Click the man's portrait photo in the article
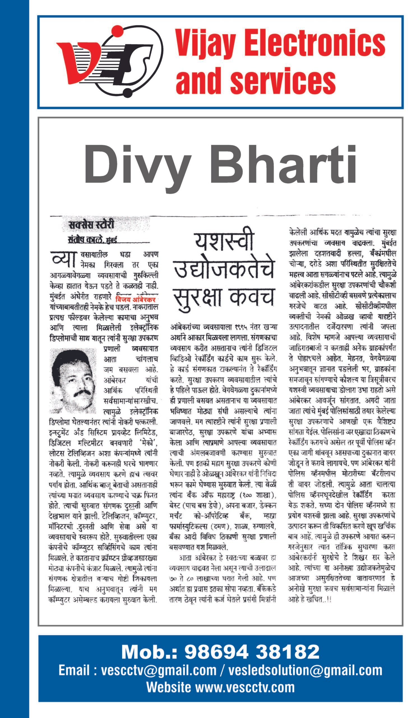(x=73, y=381)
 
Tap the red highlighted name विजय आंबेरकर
(x=136, y=299)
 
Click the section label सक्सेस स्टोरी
(x=91, y=225)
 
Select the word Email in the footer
(x=75, y=670)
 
